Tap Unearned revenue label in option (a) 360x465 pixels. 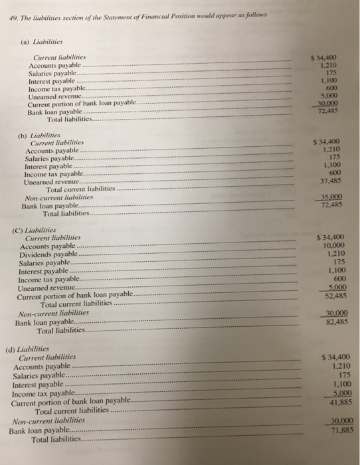[55, 97]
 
